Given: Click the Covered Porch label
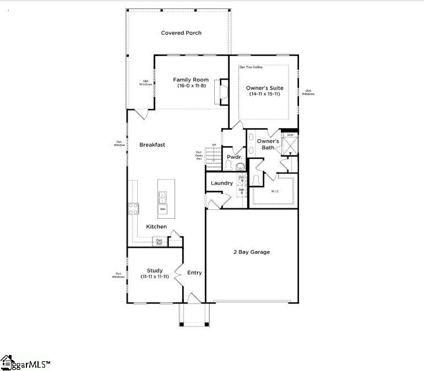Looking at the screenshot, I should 181,33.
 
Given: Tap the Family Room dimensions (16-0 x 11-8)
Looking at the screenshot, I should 191,86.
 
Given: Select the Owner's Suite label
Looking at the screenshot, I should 264,87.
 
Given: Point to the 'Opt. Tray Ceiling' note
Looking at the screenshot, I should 251,67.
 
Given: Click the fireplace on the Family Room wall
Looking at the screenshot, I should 223,91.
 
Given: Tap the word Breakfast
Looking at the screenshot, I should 152,145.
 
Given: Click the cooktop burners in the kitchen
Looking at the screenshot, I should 133,208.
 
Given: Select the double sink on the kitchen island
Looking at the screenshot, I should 163,196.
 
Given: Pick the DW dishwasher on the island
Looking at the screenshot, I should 163,209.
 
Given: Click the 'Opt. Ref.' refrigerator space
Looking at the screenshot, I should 159,241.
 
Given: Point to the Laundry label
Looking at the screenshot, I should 222,183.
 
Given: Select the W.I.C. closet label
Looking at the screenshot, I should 275,191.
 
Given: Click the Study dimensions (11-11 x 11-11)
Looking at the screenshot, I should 154,276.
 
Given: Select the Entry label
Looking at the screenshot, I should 194,273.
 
